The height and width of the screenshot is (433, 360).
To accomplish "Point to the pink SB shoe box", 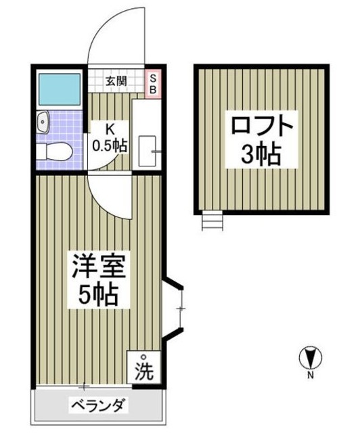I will click(153, 82).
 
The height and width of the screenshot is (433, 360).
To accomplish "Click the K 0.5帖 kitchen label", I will click(110, 137).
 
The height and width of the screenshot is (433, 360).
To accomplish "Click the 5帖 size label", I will click(96, 294).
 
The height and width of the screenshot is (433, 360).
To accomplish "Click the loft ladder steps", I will click(212, 221).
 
